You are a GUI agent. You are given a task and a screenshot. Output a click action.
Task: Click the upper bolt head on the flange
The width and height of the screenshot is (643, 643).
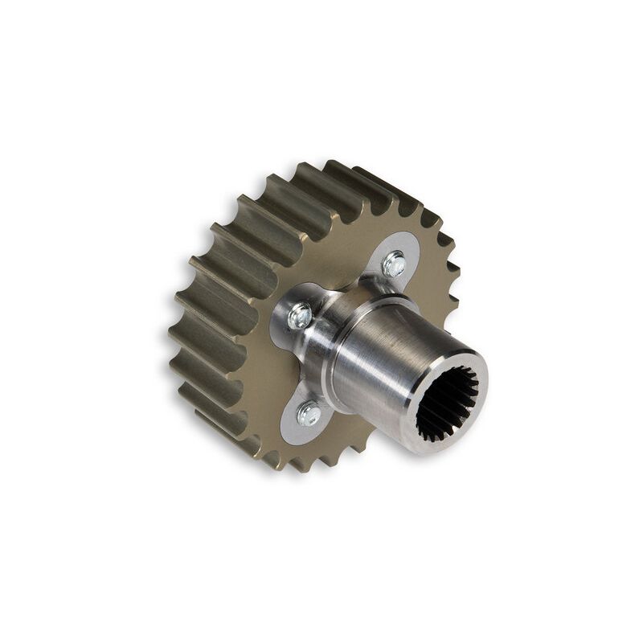(394, 263)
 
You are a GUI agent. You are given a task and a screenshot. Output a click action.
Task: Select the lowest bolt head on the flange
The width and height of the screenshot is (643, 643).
(309, 414)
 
